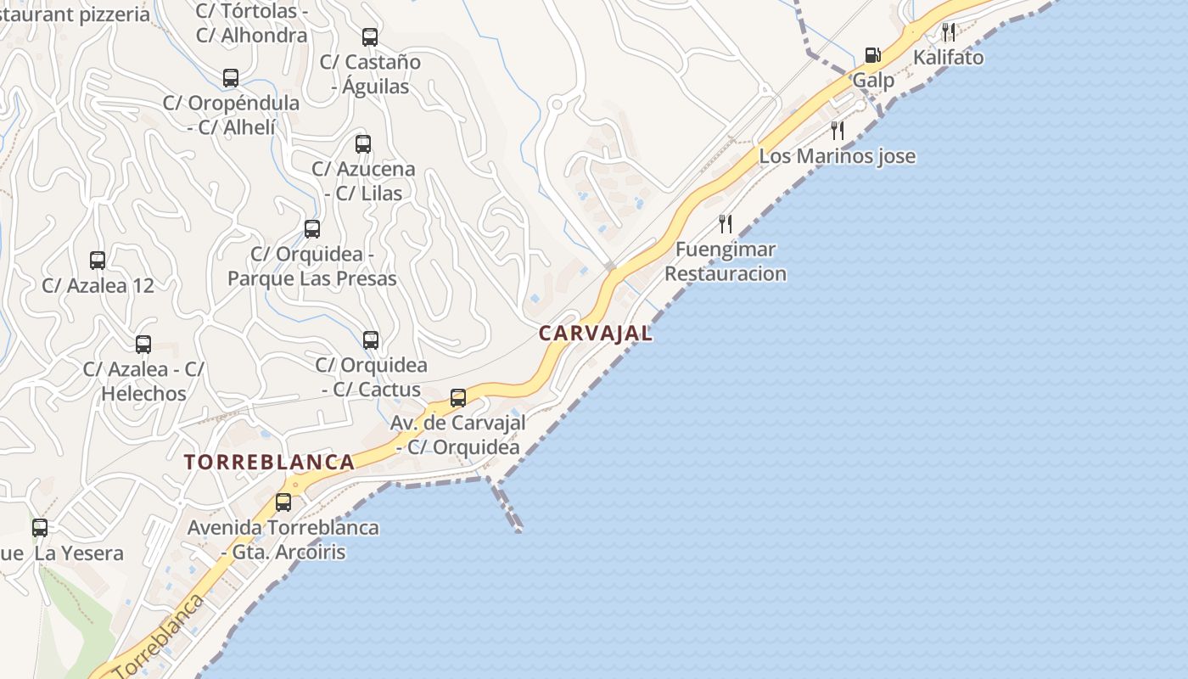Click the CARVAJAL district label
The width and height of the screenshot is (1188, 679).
[596, 334]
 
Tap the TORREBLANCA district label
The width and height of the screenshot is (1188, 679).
[269, 463]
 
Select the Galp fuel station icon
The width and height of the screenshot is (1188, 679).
[872, 56]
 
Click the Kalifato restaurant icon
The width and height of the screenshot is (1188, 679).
[949, 33]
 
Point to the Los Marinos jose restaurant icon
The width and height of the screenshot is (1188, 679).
[838, 131]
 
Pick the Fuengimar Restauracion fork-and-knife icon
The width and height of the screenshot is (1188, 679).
[726, 224]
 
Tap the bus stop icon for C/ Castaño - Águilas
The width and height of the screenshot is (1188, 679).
[370, 37]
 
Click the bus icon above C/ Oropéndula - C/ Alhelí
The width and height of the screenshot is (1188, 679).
[231, 78]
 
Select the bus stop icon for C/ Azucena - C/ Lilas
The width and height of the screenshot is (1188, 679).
[363, 144]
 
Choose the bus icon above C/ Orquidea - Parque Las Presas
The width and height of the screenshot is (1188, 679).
[312, 229]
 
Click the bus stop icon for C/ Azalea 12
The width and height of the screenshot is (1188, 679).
[98, 261]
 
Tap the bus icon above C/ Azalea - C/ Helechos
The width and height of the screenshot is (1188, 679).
[143, 345]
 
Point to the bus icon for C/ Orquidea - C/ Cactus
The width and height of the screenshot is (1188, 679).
[371, 340]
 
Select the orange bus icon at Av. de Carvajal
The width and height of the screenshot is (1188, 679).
[458, 397]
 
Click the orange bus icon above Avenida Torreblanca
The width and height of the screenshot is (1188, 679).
[283, 502]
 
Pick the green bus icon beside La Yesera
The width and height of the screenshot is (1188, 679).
[40, 528]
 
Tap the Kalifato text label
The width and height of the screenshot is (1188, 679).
[949, 58]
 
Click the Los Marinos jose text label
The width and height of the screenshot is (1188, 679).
[837, 156]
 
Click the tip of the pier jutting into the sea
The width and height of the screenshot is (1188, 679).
[518, 530]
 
